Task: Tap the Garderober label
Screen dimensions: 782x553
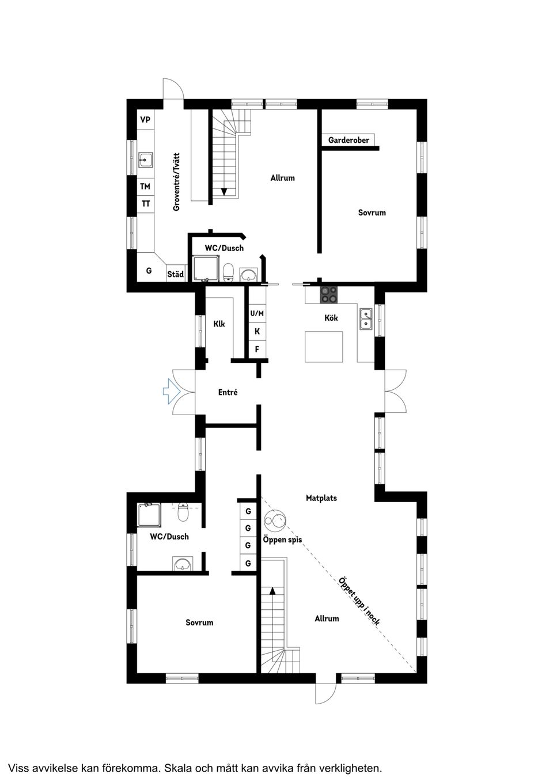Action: coord(349,140)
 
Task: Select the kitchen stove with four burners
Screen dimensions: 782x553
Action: coord(329,294)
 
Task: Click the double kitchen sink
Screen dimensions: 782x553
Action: coord(366,318)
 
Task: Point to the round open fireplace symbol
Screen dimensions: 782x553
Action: coord(275,521)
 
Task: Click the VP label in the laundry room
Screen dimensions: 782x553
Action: coord(145,120)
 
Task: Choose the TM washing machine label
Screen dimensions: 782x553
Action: coord(145,187)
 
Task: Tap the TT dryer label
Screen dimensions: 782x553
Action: coord(146,204)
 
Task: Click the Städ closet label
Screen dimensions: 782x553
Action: coord(175,275)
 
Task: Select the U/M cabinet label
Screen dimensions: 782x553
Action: coord(257,313)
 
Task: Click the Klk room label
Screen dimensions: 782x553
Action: coord(219,324)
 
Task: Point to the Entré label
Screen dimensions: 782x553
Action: coord(228,392)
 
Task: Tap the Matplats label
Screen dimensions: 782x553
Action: coord(321,498)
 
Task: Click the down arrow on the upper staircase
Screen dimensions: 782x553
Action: coord(224,192)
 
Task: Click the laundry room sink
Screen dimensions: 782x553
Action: coord(145,159)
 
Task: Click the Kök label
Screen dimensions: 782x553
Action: coord(331,318)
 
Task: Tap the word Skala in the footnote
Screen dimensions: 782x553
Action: coord(177,768)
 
